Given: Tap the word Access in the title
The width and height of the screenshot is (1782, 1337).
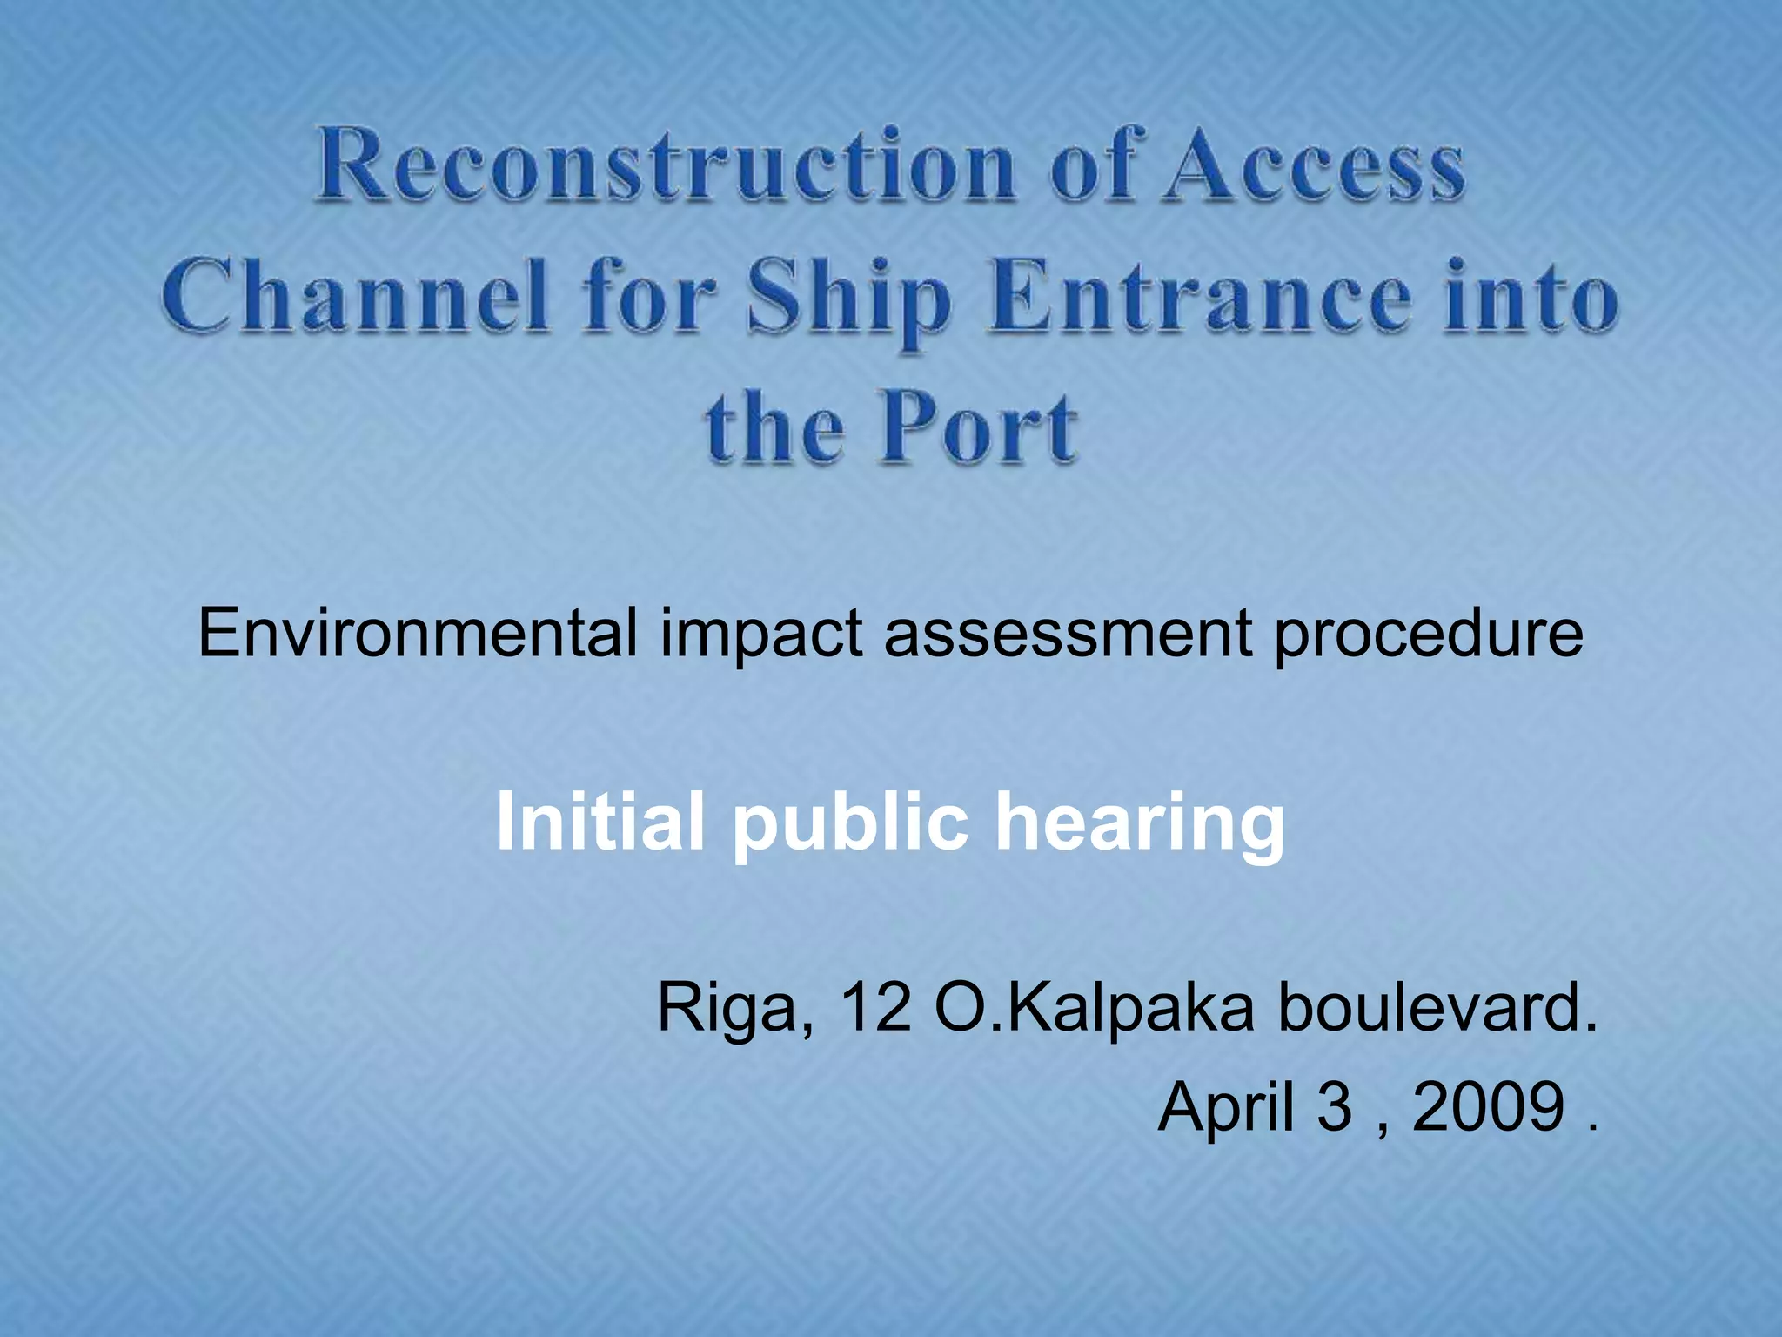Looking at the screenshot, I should click(1316, 165).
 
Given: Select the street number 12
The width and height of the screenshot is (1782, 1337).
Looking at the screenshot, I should click(876, 1008).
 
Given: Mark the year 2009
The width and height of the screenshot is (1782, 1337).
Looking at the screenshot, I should click(1488, 1107).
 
